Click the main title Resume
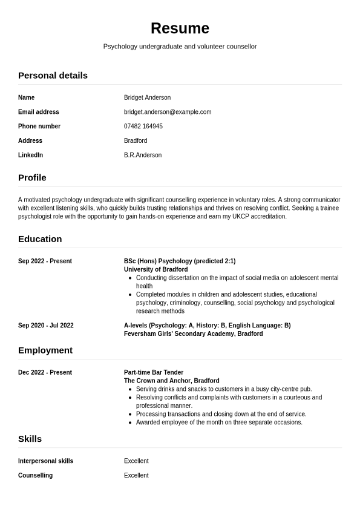[180, 28]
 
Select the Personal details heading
[53, 75]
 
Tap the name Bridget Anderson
[147, 97]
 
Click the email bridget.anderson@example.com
[168, 112]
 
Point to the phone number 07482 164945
[143, 126]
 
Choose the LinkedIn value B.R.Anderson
[143, 155]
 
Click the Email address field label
[39, 112]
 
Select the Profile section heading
[32, 177]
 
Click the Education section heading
[40, 238]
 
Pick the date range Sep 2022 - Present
[45, 261]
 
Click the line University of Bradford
[155, 269]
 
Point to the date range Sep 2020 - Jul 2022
[46, 326]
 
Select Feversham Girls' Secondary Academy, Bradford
[193, 333]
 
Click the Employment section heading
[45, 350]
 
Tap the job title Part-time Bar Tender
[154, 373]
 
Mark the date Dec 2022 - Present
[45, 373]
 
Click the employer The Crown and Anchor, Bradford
[171, 381]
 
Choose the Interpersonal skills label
[45, 461]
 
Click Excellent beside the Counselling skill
[136, 476]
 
